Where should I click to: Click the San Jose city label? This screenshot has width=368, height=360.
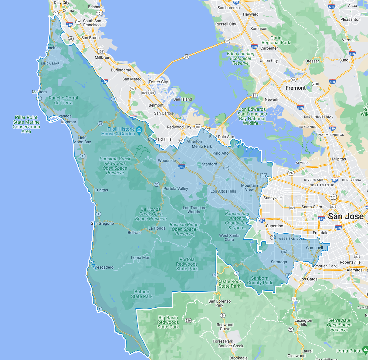[346, 216]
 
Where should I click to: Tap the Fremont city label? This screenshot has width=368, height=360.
[295, 88]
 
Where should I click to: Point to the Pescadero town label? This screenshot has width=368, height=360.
[104, 267]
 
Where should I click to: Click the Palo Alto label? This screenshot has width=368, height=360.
[221, 153]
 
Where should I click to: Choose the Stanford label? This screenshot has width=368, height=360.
[209, 164]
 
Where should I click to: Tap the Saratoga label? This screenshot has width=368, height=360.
[279, 262]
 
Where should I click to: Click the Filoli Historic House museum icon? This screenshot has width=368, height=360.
[139, 129]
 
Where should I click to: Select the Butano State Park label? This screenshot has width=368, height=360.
[142, 294]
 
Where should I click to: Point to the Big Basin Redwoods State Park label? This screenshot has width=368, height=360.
[168, 322]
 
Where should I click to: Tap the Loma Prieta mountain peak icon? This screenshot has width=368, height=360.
[365, 350]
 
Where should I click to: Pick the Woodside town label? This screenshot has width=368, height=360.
[167, 161]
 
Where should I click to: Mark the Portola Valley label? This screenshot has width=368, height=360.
[175, 189]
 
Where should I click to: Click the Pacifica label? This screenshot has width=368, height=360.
[53, 48]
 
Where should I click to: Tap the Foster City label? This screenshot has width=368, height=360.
[158, 82]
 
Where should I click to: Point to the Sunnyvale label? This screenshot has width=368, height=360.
[273, 198]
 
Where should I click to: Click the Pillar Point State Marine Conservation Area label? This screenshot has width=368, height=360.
[26, 124]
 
